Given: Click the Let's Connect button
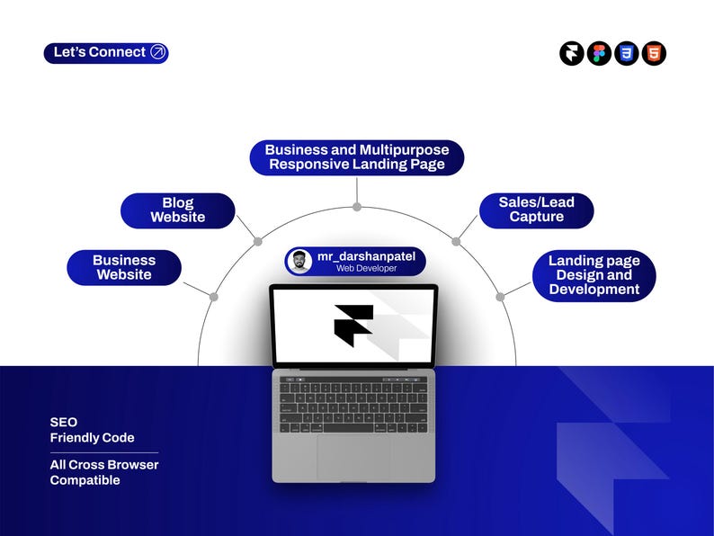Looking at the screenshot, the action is (106, 53).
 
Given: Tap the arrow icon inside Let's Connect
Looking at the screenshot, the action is (157, 52).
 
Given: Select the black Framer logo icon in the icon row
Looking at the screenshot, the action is (572, 53).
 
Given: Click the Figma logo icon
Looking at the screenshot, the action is (599, 53).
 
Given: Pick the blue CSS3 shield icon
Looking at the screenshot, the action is (627, 53).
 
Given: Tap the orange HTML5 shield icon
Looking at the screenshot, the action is (654, 53).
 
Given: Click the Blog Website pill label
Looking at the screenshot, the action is (177, 210).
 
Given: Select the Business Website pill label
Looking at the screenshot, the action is (124, 268).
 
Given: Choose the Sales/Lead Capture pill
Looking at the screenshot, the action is (537, 210).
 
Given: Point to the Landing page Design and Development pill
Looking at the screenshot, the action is (594, 275).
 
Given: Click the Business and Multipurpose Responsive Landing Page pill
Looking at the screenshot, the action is (357, 157).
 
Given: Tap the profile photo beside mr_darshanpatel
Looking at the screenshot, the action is (299, 262).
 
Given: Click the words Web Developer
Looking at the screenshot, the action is (367, 269).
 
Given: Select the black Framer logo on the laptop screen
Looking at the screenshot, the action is (353, 326).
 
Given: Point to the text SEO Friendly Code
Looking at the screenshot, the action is (92, 430).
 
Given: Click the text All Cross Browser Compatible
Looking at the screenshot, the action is (104, 472).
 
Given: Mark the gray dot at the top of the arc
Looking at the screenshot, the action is (357, 207).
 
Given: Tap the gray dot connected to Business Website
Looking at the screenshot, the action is (213, 297).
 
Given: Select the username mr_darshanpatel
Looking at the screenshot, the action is (367, 256).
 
